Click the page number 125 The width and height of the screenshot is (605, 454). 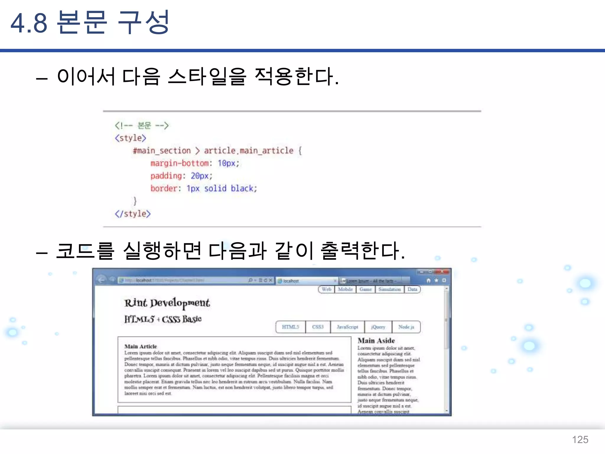coord(580,440)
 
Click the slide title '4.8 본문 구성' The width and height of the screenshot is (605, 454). coord(90,22)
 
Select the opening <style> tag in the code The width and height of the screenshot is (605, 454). coord(131,138)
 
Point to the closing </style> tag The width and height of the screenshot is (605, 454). coord(133,214)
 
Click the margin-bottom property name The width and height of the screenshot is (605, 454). coord(180,163)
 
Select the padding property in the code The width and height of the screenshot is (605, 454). coord(166,176)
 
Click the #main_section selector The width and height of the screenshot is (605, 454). coord(162,151)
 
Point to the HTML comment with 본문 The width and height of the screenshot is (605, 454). coord(142,126)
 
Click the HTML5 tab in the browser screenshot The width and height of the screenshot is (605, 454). coord(290,327)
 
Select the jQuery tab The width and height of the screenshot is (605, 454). coord(378,327)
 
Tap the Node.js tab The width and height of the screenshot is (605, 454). coord(406,327)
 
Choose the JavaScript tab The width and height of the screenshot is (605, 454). coord(347,327)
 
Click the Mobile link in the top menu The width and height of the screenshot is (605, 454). coord(345,289)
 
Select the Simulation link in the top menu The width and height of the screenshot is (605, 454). coord(390,289)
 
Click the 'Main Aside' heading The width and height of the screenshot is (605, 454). coord(376,341)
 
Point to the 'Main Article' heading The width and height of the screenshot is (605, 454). coord(141,346)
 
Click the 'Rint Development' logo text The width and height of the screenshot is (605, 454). coord(167,303)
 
